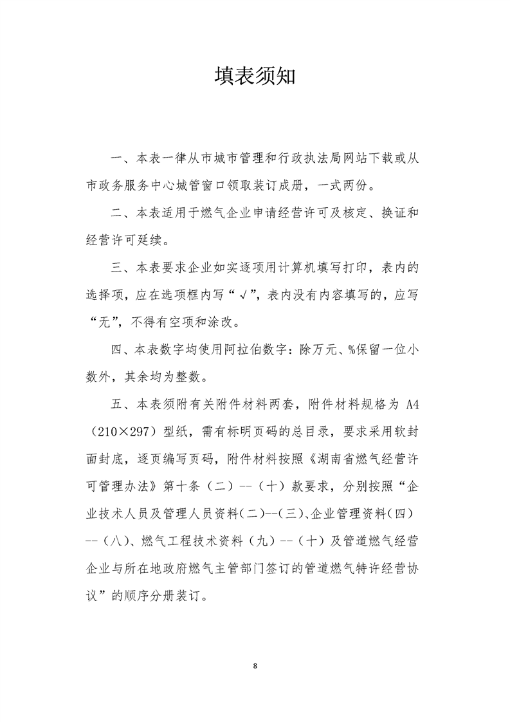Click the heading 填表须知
tap(255, 77)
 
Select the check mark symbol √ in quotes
tap(254, 297)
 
